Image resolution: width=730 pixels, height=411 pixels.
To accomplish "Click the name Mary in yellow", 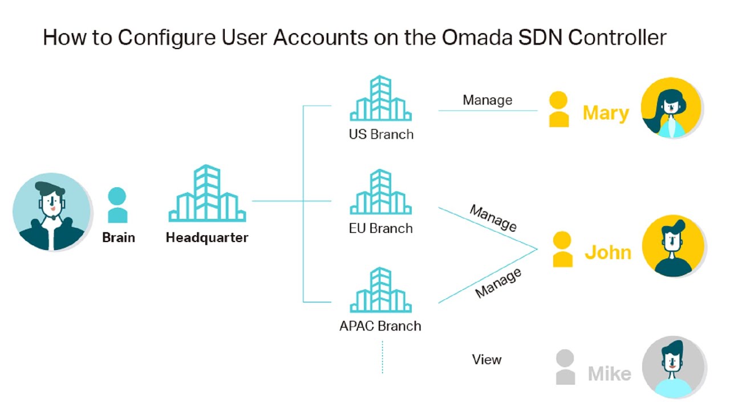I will tap(606, 113).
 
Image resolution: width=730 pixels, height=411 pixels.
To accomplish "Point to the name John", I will tap(608, 252).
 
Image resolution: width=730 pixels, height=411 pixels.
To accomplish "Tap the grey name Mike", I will tap(609, 374).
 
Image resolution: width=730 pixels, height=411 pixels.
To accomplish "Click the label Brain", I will tap(119, 237).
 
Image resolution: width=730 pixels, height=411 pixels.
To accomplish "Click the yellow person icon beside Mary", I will tap(558, 110).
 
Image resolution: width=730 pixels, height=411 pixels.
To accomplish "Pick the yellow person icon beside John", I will tap(562, 249).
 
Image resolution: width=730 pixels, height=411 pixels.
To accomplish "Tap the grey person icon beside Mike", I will tap(565, 367).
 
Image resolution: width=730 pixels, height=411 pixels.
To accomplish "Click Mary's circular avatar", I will tap(671, 108).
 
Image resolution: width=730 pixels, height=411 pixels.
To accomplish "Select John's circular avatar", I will tap(673, 246).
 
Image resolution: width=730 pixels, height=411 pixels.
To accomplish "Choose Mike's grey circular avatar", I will tap(674, 367).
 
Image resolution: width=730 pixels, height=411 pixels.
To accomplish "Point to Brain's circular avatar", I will tap(52, 212).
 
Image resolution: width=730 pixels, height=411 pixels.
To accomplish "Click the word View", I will tap(486, 360).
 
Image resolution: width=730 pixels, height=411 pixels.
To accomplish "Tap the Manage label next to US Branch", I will tap(487, 100).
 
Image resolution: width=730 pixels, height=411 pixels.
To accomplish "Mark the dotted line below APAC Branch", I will tap(382, 357).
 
